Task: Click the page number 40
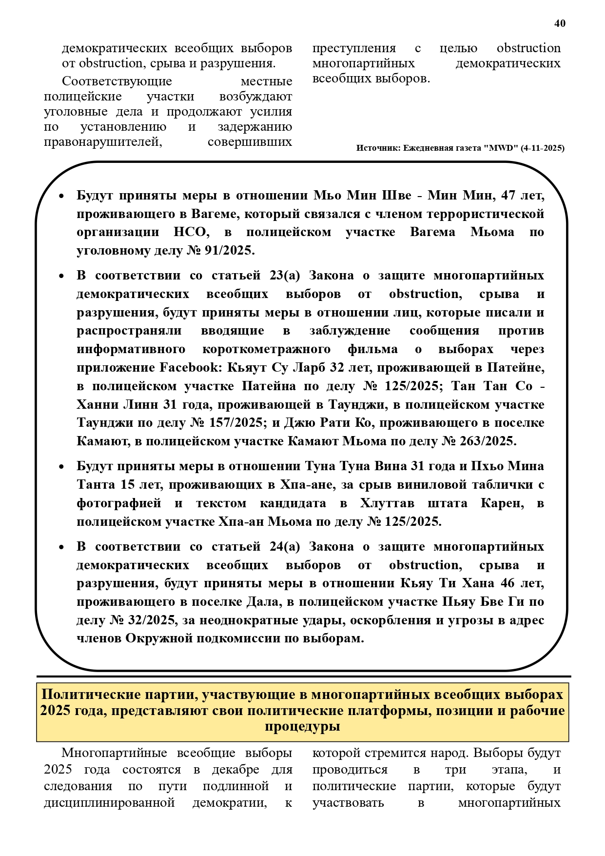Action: point(560,23)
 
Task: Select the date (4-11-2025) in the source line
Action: point(542,148)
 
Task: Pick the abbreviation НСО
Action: point(191,232)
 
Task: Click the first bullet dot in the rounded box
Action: point(61,196)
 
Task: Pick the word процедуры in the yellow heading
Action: point(302,727)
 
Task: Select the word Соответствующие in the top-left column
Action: point(117,81)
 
